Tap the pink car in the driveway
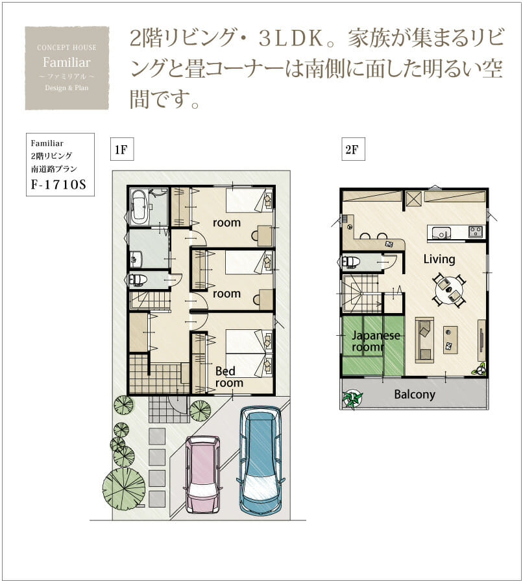(x=203, y=475)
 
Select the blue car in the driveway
(x=261, y=460)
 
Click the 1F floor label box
(x=122, y=149)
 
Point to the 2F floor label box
(x=353, y=149)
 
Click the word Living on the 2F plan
(x=439, y=259)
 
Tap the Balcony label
(x=415, y=395)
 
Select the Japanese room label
(x=376, y=341)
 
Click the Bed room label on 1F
(x=229, y=377)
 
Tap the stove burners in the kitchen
(x=475, y=231)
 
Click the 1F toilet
(x=136, y=280)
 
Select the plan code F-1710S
(x=58, y=184)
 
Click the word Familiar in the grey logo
(x=67, y=62)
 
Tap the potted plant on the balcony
(x=352, y=399)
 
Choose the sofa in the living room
(x=424, y=339)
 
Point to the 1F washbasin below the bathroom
(x=136, y=259)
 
